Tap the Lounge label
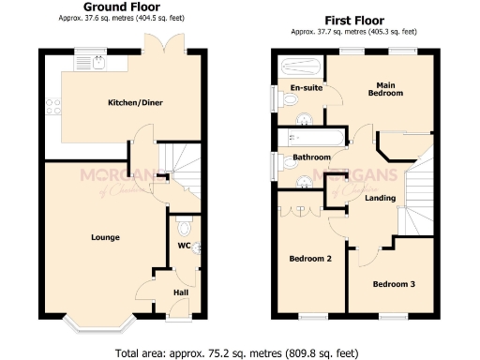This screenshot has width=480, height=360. click(x=105, y=237)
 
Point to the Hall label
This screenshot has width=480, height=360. click(x=181, y=292)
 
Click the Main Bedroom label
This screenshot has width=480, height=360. click(x=385, y=88)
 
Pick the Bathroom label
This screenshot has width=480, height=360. click(x=311, y=157)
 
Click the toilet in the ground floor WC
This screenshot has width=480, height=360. click(x=185, y=228)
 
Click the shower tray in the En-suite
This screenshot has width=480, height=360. click(x=298, y=67)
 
